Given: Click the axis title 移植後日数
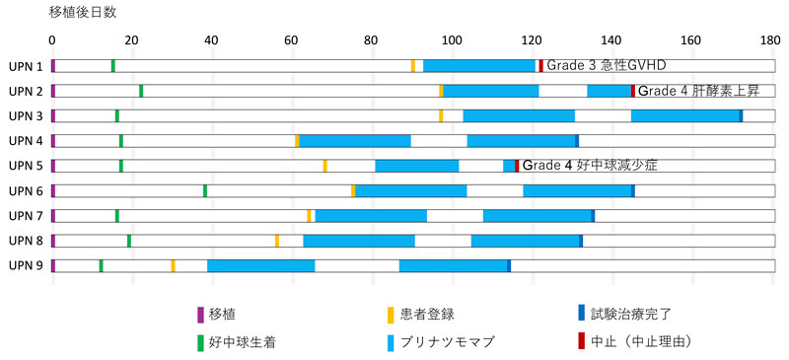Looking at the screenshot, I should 82,13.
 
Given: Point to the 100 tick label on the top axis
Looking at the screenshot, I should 451,41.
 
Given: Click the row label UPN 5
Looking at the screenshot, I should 25,166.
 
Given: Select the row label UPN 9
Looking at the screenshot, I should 25,265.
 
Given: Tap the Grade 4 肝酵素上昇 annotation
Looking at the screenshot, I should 698,91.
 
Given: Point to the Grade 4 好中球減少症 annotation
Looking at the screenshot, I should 589,166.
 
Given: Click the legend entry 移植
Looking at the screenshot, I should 222,315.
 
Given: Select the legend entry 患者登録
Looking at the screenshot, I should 426,315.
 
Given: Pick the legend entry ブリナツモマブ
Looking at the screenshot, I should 448,342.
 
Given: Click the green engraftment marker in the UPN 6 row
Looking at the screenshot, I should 204,190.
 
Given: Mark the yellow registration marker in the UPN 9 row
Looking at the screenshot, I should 173,265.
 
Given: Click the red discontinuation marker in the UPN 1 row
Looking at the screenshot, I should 540,66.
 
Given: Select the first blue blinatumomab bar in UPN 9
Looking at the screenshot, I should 260,265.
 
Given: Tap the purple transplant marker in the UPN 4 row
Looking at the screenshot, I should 53,141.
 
